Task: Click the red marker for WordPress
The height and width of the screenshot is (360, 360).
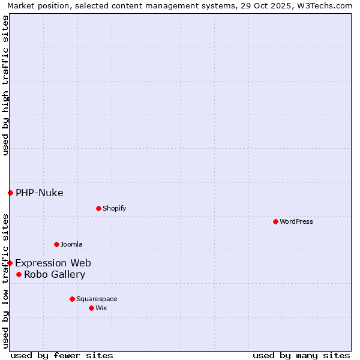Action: (x=275, y=221)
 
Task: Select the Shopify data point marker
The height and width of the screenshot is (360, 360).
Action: (x=98, y=208)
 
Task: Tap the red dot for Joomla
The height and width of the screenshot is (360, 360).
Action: (x=56, y=244)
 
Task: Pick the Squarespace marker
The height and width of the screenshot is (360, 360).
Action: (x=72, y=299)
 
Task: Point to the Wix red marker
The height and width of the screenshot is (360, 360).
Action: (x=91, y=308)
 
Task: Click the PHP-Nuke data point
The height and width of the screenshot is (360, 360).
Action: (x=10, y=193)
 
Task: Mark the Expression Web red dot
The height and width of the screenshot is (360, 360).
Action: (x=10, y=263)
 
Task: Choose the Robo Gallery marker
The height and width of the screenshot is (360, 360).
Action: (x=19, y=274)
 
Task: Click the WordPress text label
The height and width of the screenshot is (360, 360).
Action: (x=296, y=221)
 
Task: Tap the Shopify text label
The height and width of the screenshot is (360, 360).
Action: (x=115, y=208)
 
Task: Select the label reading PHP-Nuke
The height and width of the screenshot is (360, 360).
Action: (x=40, y=193)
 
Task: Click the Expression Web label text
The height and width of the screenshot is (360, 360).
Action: (x=53, y=263)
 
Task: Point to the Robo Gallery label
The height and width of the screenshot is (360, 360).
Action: (x=55, y=274)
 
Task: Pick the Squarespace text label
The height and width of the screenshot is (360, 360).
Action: (x=97, y=299)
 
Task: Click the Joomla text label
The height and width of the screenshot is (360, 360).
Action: (x=71, y=244)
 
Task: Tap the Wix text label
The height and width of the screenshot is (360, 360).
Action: (x=101, y=308)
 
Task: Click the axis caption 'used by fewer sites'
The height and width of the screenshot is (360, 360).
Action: (x=62, y=355)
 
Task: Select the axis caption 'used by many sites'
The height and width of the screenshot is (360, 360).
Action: (x=301, y=355)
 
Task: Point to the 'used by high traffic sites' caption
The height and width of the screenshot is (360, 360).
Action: (x=5, y=85)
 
